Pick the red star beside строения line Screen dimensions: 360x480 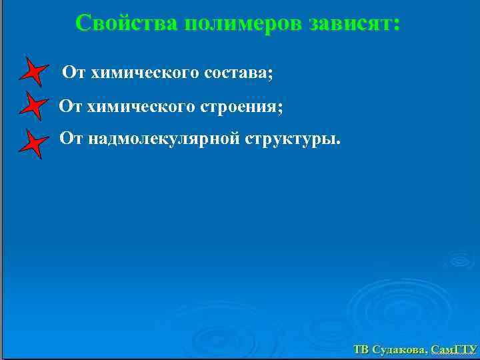pos(34,107)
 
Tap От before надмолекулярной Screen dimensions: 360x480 pos(71,139)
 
